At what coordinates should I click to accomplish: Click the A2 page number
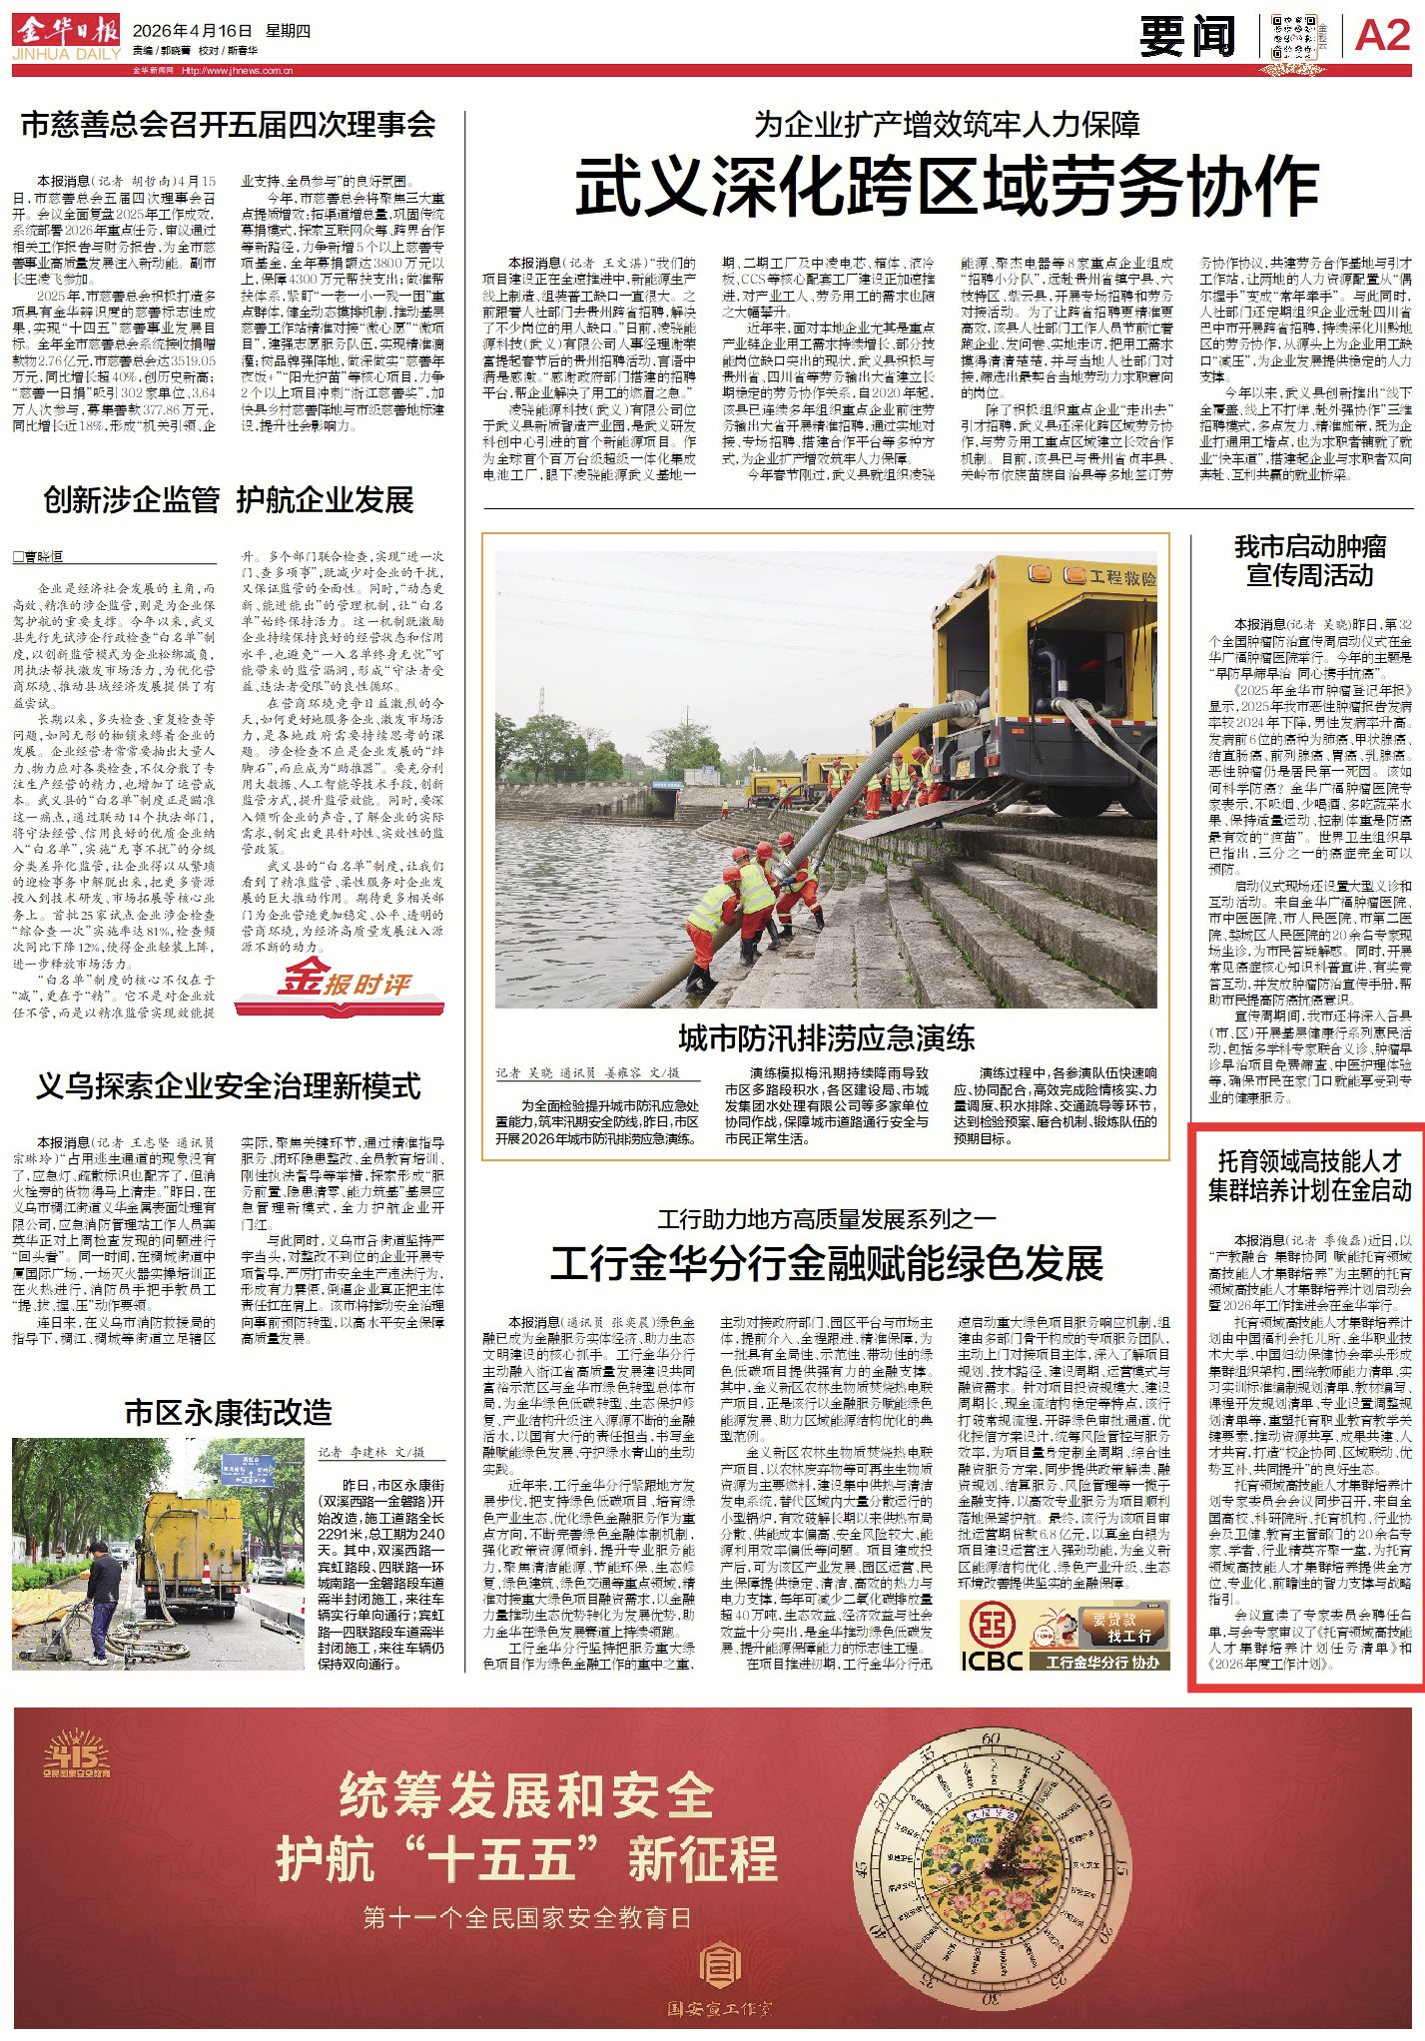(x=1383, y=37)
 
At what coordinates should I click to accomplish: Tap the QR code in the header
(x=1293, y=37)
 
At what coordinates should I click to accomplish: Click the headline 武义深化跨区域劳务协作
(x=947, y=187)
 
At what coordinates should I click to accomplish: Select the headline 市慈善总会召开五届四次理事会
(x=229, y=125)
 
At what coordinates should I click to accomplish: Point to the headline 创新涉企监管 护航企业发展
(x=229, y=500)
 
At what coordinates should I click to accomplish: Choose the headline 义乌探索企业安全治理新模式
(x=229, y=1086)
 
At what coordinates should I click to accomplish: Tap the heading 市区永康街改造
(x=229, y=1412)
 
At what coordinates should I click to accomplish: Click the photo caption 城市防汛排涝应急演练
(x=826, y=1038)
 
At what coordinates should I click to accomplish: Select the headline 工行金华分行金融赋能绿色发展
(x=827, y=1264)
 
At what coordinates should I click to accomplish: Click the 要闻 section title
(x=1187, y=37)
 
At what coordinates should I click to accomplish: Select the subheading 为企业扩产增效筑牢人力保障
(x=947, y=125)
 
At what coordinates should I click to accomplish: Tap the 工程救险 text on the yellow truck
(x=1122, y=577)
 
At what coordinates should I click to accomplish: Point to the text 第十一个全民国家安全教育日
(x=526, y=1917)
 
